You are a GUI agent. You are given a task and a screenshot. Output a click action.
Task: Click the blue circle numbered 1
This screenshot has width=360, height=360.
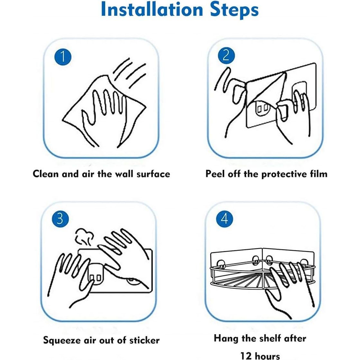click(x=63, y=57)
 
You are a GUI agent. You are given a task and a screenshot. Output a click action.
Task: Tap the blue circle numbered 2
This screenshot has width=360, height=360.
click(x=226, y=55)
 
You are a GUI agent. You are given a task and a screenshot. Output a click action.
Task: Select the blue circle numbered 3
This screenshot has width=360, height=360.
click(x=60, y=218)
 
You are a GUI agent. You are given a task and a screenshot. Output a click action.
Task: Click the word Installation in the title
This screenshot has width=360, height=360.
click(x=152, y=9)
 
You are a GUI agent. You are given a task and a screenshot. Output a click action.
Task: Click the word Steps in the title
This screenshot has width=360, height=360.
click(x=235, y=11)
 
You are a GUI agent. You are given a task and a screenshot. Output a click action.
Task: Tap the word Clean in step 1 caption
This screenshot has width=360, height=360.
click(x=46, y=174)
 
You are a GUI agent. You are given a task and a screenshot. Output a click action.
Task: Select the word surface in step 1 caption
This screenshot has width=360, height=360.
click(x=153, y=174)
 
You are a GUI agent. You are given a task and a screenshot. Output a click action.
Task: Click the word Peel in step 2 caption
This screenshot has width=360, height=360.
click(x=215, y=174)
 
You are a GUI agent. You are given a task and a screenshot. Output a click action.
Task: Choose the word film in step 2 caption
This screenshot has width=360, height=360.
click(x=319, y=174)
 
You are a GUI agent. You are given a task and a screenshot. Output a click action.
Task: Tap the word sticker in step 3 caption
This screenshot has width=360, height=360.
click(x=144, y=340)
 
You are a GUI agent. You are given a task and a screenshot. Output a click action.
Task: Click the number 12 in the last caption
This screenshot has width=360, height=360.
click(x=246, y=356)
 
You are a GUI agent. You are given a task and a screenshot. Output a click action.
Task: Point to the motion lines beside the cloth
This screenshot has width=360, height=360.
click(x=129, y=73)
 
